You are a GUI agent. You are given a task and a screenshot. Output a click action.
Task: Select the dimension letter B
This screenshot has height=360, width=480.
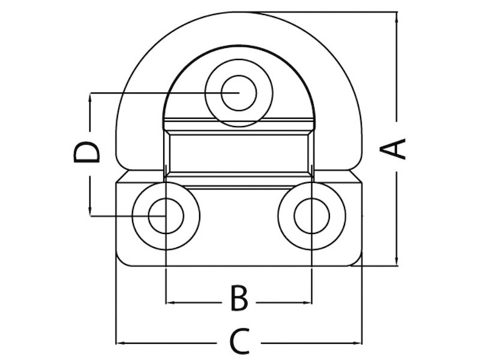[x=239, y=298]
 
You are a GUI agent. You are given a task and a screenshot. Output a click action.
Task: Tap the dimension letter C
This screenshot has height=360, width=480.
[x=239, y=342]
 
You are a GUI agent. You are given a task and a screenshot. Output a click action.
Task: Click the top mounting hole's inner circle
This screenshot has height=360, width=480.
[x=238, y=93]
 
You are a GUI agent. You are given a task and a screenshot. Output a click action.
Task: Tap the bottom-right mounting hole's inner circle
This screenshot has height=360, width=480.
[x=311, y=215]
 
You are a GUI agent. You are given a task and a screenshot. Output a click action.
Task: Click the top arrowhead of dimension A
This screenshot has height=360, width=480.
[x=396, y=18]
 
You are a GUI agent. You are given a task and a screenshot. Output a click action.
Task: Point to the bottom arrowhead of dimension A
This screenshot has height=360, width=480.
[x=396, y=259]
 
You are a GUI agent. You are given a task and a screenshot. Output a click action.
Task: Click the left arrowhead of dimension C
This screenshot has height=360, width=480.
[x=121, y=343]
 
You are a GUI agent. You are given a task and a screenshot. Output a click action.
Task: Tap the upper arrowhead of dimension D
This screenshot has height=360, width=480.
[x=90, y=99]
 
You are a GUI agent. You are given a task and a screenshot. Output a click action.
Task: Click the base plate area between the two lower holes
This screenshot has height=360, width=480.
[x=238, y=225]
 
